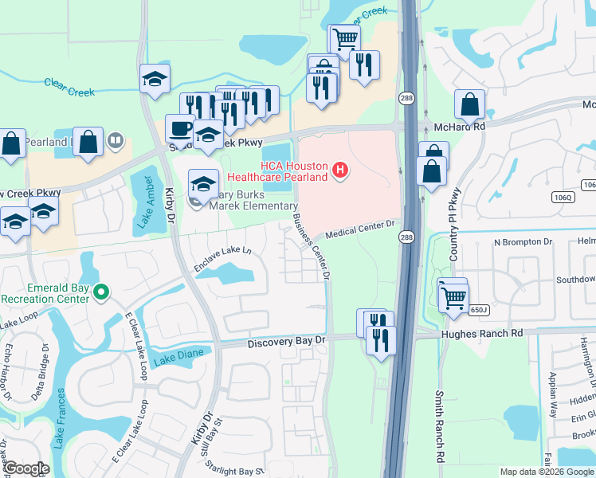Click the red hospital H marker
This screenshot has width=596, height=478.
coord(341,170)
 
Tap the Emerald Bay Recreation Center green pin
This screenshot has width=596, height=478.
coord(100,292)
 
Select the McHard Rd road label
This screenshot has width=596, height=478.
coord(459,126)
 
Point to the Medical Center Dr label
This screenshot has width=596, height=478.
coord(361,229)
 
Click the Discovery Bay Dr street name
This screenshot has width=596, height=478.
coord(287,341)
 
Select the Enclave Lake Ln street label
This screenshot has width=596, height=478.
coord(222,259)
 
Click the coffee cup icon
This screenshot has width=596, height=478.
coord(180,128)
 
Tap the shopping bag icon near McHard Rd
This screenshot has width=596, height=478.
coord(470,104)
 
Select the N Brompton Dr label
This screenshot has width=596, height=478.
coord(523,242)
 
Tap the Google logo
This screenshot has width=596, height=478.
coord(26,469)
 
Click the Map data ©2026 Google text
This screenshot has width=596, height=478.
coord(546,472)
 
